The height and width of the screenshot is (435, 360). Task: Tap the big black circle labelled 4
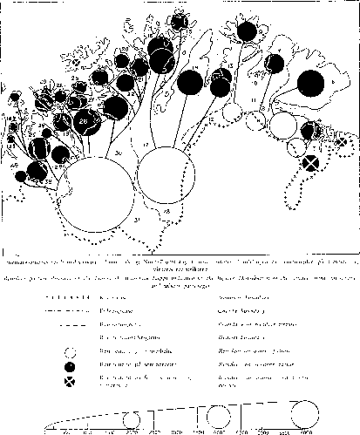pyautogui.click(x=308, y=85)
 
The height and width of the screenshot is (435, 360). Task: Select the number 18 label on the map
pyautogui.click(x=166, y=211)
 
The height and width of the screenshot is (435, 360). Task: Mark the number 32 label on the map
pyautogui.click(x=46, y=181)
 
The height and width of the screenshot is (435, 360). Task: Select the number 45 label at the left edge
pyautogui.click(x=14, y=163)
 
